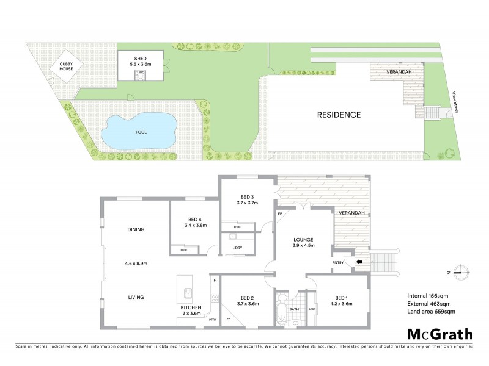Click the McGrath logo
439,334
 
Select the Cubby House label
66,66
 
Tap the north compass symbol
463,272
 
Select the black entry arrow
359,263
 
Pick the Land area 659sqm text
432,312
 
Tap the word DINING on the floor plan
136,229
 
